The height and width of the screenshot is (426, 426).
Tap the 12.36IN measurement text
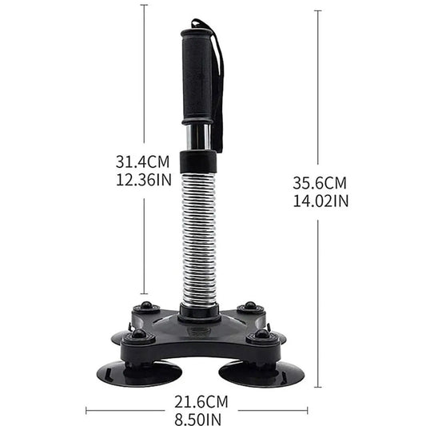143,180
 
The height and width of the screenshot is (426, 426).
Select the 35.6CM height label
320,183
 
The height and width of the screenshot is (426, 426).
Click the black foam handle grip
200,76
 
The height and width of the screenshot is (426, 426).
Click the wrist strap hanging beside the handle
218,80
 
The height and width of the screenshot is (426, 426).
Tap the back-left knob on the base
146,309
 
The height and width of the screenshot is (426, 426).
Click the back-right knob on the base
249,307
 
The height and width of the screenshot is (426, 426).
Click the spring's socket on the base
200,311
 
